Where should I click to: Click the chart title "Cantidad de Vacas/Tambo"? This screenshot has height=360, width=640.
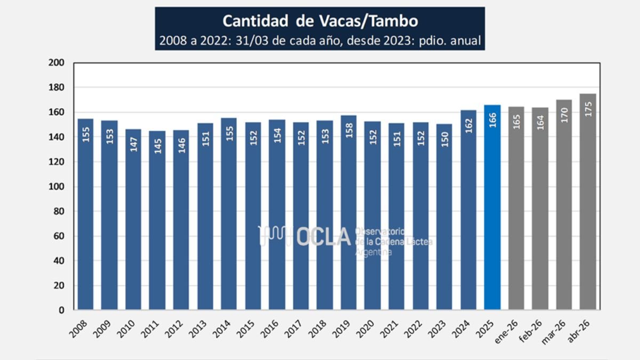click(x=320, y=21)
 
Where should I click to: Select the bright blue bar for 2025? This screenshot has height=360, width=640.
click(x=492, y=207)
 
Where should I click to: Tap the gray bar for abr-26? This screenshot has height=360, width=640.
click(x=588, y=202)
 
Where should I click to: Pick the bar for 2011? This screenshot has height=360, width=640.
click(x=157, y=220)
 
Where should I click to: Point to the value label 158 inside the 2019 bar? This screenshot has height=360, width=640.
click(x=349, y=131)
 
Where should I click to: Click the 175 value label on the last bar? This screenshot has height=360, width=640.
click(x=588, y=109)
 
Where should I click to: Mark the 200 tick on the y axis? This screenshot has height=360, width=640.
click(x=57, y=62)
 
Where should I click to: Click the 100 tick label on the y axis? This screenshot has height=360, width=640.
click(x=57, y=186)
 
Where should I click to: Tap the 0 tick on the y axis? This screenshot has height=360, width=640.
click(x=61, y=310)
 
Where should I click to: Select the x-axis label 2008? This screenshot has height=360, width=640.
click(x=78, y=329)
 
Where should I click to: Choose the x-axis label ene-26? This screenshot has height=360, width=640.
click(x=506, y=331)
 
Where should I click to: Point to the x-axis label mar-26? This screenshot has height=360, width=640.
click(x=554, y=332)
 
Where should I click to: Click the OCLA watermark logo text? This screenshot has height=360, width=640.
click(x=323, y=237)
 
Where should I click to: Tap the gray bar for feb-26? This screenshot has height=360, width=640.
click(x=540, y=209)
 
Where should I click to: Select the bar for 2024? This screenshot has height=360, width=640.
click(x=469, y=210)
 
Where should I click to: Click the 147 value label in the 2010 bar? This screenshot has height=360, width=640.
click(x=134, y=145)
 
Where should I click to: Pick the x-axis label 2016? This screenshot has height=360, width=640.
click(x=270, y=329)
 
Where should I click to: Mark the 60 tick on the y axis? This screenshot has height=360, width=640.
click(x=59, y=236)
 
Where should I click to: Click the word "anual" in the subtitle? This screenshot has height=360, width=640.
click(x=466, y=41)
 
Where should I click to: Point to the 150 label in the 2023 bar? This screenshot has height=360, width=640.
click(x=445, y=140)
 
